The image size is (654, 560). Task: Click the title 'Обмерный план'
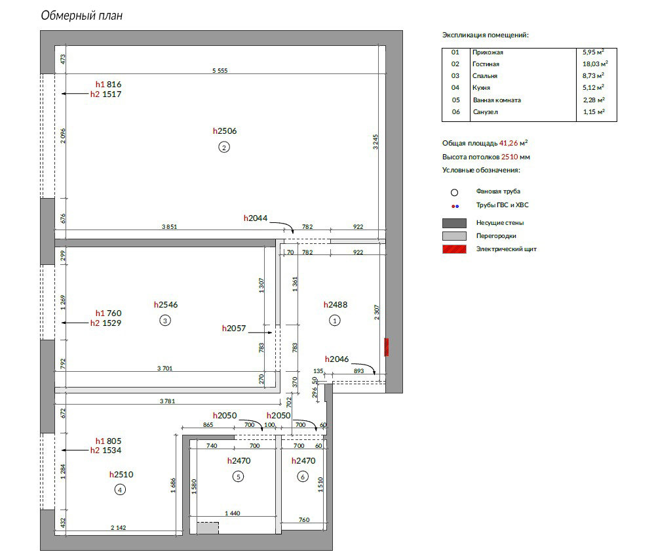[82, 16]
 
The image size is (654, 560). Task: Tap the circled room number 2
[224, 148]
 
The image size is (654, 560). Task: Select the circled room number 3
[165, 321]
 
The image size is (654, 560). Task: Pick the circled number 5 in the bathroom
[238, 477]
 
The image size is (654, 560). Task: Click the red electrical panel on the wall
[387, 347]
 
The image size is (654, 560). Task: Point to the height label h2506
[224, 131]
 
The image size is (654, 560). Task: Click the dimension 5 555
[220, 71]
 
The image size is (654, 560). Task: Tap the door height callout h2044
[256, 218]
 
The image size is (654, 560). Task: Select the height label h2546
[166, 305]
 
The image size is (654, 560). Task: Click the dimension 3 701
[164, 368]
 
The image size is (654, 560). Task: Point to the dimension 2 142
[119, 527]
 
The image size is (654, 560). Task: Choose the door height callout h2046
[337, 359]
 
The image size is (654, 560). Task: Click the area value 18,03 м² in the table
[595, 64]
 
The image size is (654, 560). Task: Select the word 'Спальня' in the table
[485, 76]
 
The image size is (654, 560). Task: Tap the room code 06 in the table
[456, 112]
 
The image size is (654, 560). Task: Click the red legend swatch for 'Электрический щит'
[454, 249]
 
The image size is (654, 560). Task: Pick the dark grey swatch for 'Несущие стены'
[454, 223]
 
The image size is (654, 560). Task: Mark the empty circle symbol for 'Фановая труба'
[455, 192]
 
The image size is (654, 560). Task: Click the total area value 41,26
[509, 143]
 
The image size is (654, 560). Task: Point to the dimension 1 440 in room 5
[233, 513]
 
